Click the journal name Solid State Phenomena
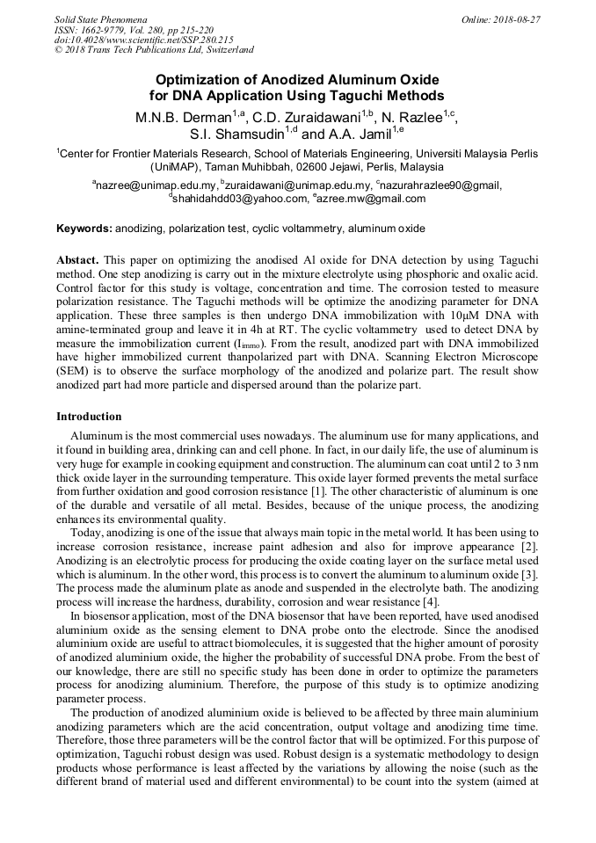(100, 18)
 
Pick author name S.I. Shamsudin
(231, 134)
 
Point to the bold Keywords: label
(84, 229)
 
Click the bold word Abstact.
(78, 262)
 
